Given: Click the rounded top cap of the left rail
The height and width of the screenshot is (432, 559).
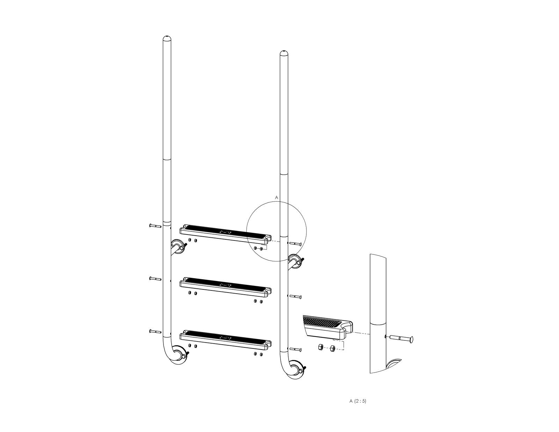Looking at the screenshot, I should tap(167, 38).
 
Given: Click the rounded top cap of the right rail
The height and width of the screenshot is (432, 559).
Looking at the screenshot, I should tap(284, 53).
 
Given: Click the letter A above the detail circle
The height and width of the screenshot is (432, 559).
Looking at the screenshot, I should tap(276, 197).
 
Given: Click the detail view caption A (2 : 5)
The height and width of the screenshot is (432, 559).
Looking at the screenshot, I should tap(358, 401).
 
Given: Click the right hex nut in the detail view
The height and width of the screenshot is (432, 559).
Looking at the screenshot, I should tap(333, 348).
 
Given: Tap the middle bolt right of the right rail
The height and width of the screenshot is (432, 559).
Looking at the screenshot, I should tap(296, 297).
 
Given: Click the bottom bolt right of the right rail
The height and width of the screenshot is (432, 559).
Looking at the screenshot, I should tap(296, 349).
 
